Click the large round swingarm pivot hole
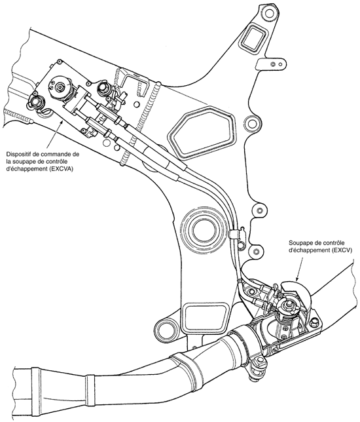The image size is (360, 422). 204,228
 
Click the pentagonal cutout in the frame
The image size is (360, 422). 202,132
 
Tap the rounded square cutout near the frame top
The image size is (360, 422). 254,35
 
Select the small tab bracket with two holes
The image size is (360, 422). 271,64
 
